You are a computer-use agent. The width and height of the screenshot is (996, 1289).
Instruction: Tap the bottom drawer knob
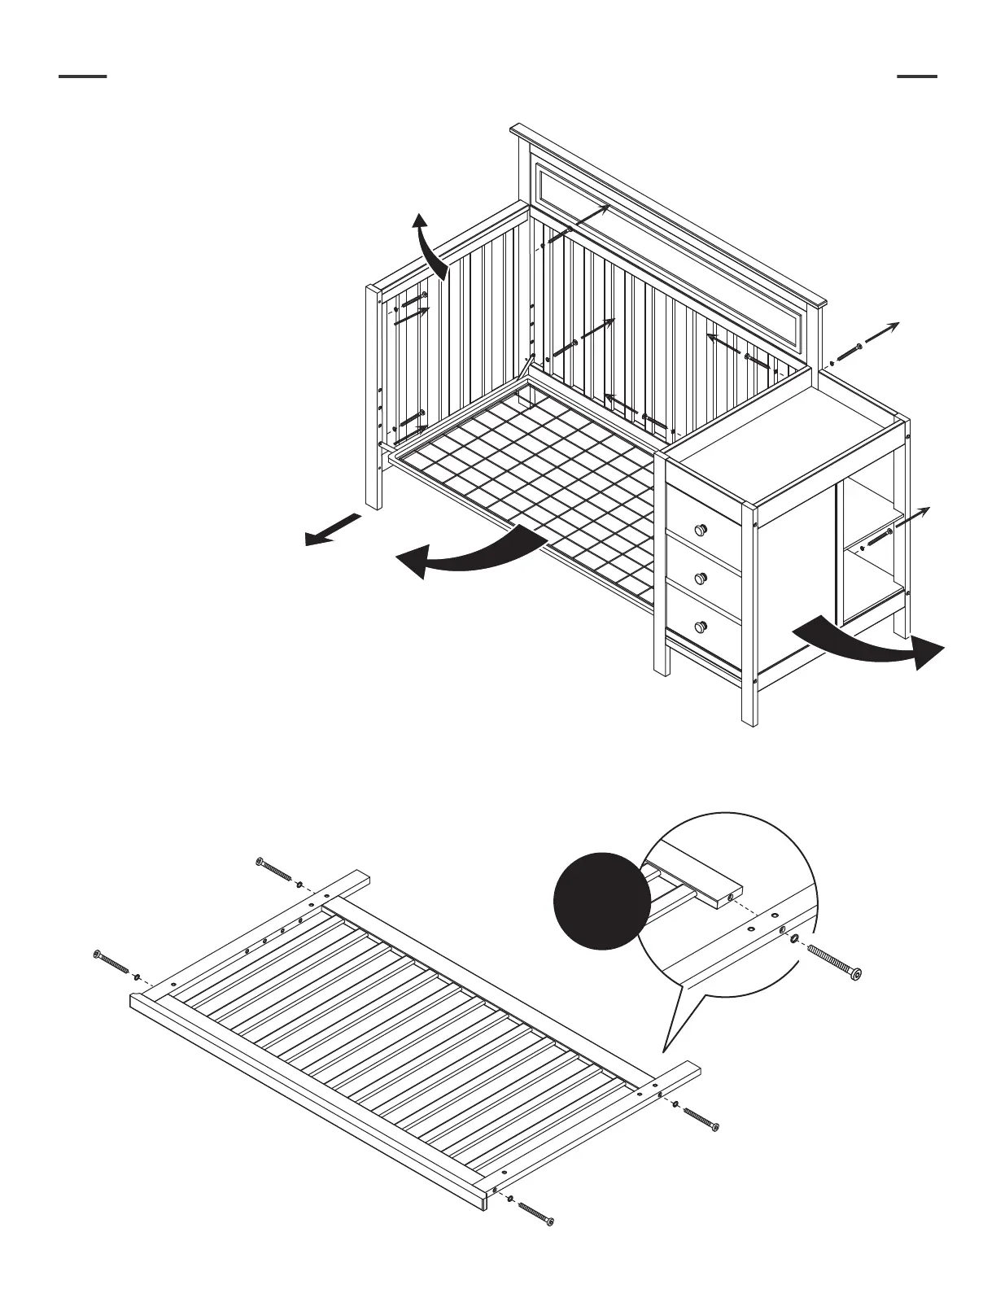700,627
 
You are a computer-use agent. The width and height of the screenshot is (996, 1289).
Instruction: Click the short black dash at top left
83,76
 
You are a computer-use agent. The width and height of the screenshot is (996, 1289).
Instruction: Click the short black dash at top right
916,76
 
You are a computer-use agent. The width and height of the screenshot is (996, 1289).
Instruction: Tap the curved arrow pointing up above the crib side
428,244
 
